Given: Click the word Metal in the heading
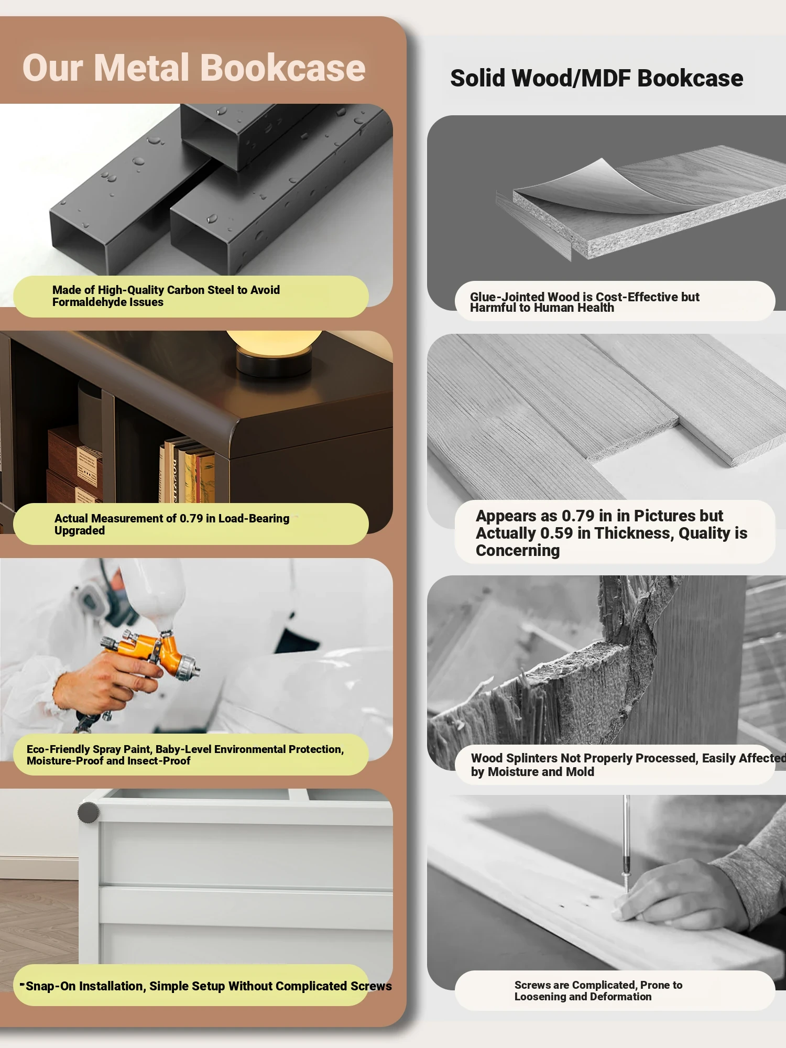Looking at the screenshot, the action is point(141,68).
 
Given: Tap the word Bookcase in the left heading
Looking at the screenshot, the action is point(283,68).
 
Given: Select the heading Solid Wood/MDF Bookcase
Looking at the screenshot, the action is point(597,78).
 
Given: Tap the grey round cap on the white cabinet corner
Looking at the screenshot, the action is point(88,813).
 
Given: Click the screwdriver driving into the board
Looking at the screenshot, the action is point(626,844).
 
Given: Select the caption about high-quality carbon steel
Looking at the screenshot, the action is point(166,296).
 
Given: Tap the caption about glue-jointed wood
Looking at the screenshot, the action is point(584,302).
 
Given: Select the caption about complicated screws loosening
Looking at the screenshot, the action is point(598,990).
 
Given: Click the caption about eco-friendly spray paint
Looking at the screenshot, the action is point(185,755).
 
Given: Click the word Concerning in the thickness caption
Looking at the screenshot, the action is point(518,551).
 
